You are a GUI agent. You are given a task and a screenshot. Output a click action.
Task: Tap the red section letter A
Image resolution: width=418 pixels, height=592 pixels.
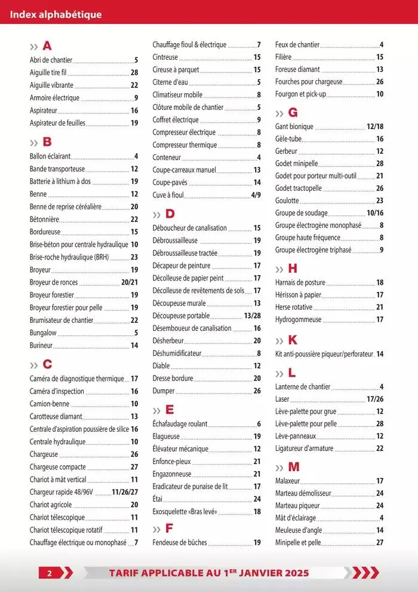pos(48,46)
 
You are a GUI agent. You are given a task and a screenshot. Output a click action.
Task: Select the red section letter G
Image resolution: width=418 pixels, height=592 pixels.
pos(293,112)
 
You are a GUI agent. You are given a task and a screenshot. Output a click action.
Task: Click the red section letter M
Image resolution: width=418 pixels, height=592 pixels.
pos(294,467)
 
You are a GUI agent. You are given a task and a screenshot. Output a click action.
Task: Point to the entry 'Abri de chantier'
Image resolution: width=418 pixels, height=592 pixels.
pos(51,60)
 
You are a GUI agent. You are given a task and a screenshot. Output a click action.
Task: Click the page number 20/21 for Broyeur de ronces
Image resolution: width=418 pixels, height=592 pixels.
pos(130,282)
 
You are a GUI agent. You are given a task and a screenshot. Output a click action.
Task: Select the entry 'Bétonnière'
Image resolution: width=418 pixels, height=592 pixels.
pos(44,219)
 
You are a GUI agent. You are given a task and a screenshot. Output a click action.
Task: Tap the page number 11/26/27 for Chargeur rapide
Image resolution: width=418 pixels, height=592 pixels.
pos(125,492)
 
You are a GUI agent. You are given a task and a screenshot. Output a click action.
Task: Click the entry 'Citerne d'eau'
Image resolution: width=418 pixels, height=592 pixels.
pos(170,82)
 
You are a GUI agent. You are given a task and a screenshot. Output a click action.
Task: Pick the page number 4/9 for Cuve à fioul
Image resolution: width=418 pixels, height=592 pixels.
pos(256,195)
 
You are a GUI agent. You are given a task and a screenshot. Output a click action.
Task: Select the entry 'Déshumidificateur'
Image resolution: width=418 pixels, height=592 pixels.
pos(177,353)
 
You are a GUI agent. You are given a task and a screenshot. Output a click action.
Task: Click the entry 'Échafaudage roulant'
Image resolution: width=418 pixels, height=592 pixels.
pos(180,424)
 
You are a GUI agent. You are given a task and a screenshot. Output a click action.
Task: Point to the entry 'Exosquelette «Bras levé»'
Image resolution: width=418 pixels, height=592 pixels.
pos(185,512)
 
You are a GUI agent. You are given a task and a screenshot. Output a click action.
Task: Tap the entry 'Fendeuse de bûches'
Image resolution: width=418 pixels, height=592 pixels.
pos(180,542)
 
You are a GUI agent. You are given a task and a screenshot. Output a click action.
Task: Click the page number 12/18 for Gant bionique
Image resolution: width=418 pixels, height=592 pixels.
pos(375,127)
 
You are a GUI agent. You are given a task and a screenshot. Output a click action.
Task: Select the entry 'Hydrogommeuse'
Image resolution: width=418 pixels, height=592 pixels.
pos(298,319)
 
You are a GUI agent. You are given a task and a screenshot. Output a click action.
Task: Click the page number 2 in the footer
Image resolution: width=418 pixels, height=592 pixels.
pos(51,573)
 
